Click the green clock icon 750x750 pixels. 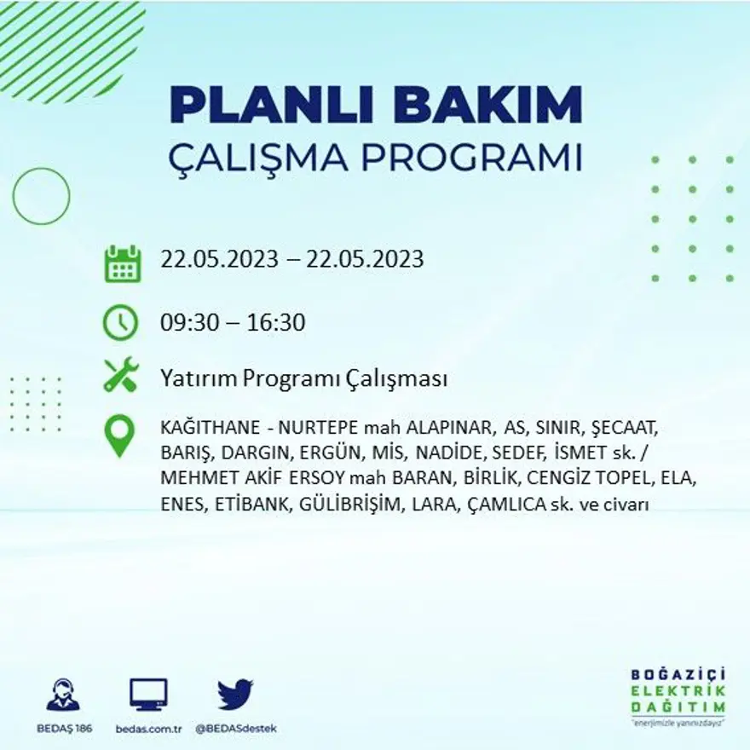pos(120,322)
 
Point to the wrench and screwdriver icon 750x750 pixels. pos(120,376)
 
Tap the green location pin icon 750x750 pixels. pos(120,436)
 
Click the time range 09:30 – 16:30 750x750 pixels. pos(233,323)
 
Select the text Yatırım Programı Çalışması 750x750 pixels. pos(303,379)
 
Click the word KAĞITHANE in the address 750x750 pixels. pos(205,427)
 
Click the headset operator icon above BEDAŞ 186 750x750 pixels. pos(63,695)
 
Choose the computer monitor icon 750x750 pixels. pos(148,695)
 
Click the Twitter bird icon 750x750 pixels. pos(234,693)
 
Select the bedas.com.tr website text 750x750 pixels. pos(148,729)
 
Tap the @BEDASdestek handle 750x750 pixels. pos(235,729)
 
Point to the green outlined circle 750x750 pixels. pos(41,196)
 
